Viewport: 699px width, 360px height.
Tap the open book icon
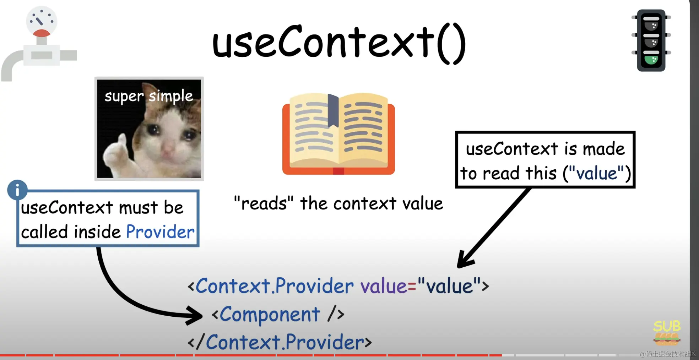click(338, 134)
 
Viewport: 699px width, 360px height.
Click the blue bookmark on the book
click(333, 110)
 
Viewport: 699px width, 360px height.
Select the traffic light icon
click(651, 40)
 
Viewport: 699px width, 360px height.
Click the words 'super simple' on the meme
click(148, 97)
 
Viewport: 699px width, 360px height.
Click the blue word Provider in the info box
click(160, 232)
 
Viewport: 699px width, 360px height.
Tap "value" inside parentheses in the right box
click(597, 173)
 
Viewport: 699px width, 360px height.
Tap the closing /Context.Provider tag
click(280, 342)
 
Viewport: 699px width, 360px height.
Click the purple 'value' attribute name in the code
click(384, 286)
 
